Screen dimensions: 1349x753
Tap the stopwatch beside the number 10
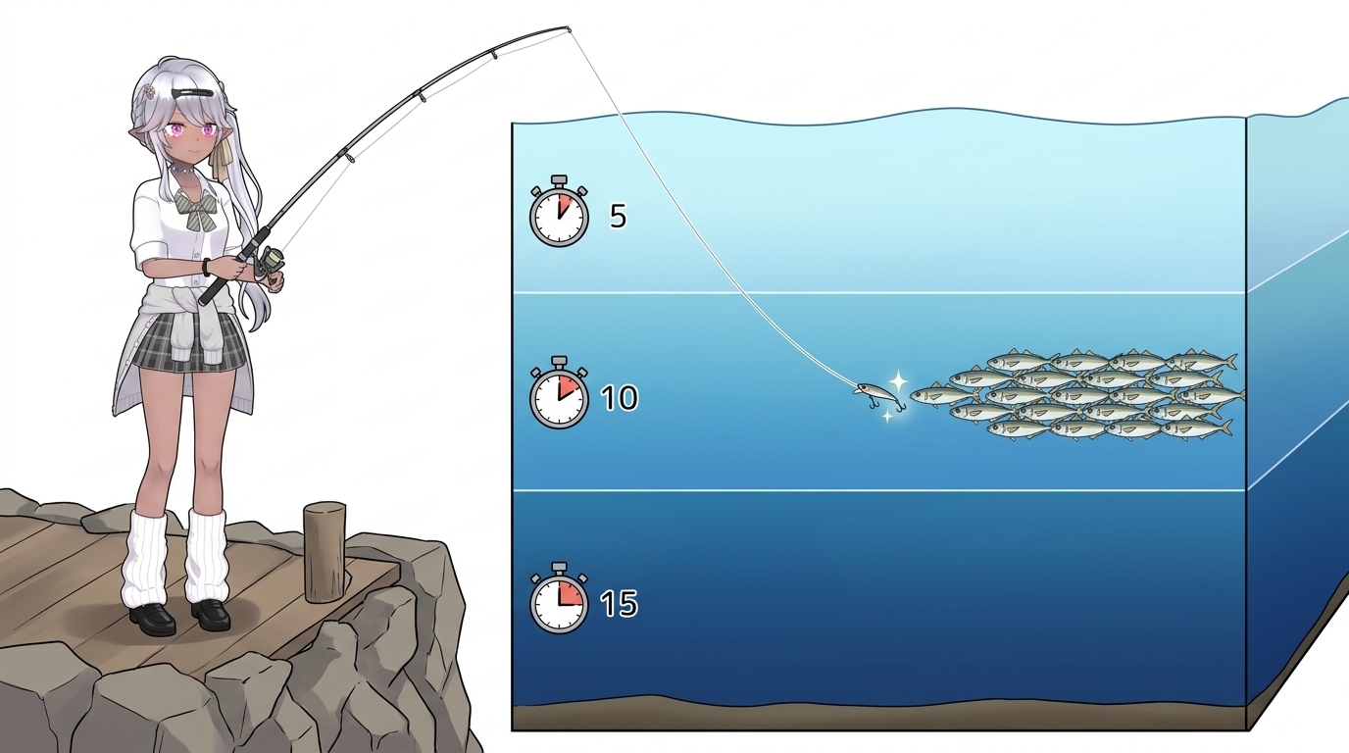pos(559,393)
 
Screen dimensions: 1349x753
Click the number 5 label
pos(619,216)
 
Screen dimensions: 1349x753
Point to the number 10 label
pos(619,398)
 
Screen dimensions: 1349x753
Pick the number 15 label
pos(619,603)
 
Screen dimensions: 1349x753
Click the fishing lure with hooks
pos(879,396)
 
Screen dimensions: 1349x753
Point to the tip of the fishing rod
pos(568,27)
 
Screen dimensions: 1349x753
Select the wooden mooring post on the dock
pos(325,552)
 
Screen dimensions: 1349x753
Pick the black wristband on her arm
pos(206,267)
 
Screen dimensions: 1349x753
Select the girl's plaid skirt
pos(190,341)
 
